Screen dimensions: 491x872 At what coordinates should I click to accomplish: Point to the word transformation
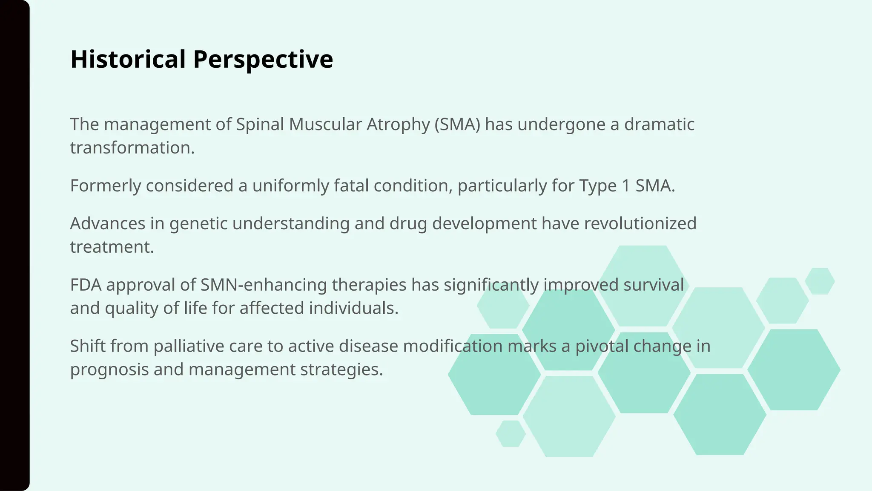[132, 148]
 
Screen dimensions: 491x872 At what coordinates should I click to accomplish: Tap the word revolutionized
[640, 224]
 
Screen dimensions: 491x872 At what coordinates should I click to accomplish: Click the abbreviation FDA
[86, 285]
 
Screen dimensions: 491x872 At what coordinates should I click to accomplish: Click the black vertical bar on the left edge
[14, 245]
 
